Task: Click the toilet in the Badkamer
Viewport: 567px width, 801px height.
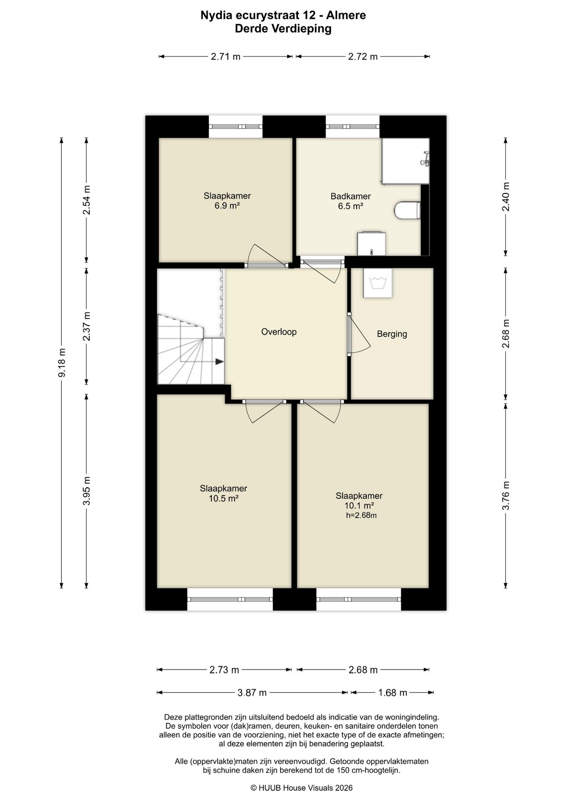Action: (x=408, y=211)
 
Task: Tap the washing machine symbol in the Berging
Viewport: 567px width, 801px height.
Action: (x=377, y=282)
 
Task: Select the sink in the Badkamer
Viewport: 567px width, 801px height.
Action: (x=371, y=243)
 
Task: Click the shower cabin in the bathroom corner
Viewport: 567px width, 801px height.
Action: (x=405, y=161)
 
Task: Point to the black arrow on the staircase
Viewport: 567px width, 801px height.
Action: (x=219, y=362)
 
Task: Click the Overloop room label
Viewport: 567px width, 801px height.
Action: (x=279, y=332)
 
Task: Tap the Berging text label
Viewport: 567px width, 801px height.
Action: (x=392, y=334)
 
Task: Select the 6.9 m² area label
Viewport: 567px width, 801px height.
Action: (x=227, y=206)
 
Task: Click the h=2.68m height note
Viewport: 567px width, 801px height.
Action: (x=361, y=515)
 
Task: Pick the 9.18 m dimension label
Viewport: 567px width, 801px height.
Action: (x=62, y=363)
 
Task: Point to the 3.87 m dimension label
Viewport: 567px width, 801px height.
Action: (x=252, y=693)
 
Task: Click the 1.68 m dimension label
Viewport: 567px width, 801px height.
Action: (x=392, y=693)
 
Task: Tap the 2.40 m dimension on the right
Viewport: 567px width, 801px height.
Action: (x=506, y=197)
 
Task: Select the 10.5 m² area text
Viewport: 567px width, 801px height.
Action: (x=223, y=498)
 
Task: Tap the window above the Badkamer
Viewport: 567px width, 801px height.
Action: (x=352, y=126)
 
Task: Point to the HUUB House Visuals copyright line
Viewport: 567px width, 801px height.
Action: (x=301, y=788)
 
